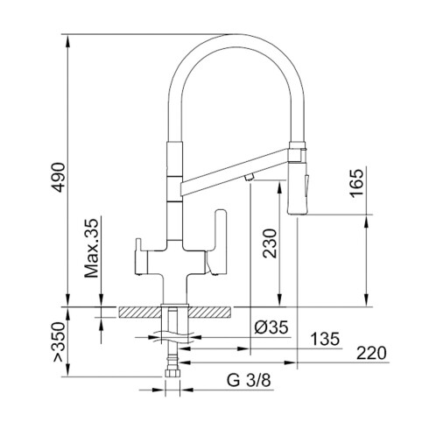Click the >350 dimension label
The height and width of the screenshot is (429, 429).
pos(58,345)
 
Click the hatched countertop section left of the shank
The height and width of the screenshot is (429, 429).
pos(141,312)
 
